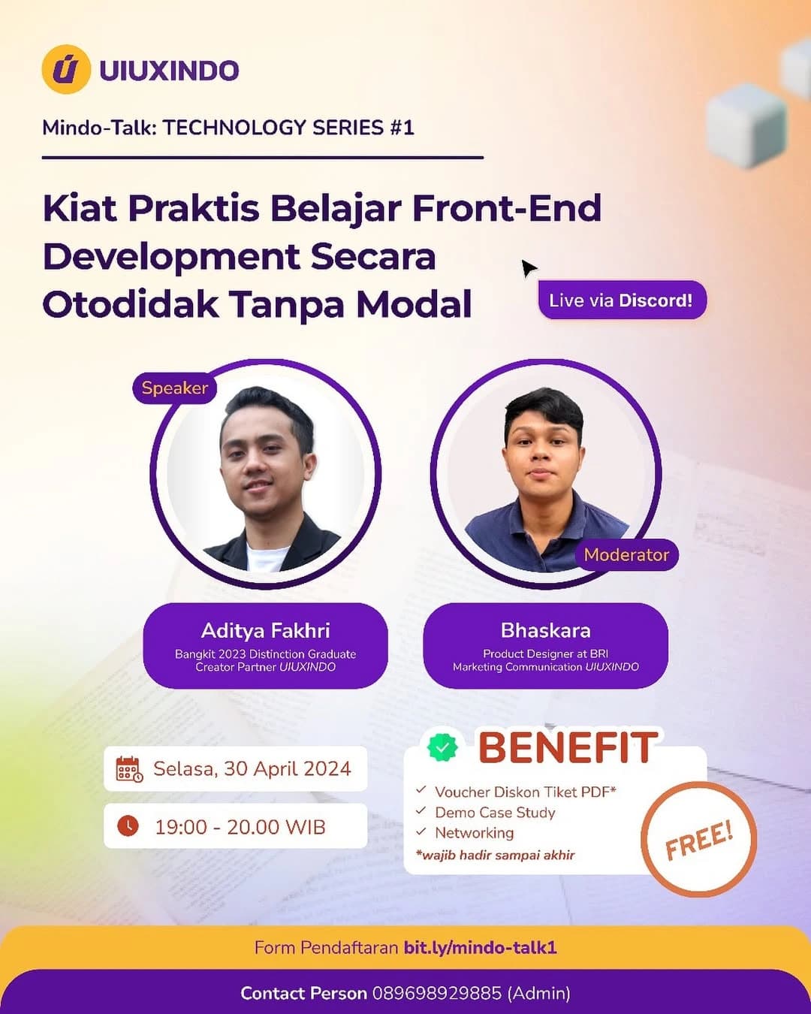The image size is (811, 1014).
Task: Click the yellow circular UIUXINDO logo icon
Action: tap(66, 70)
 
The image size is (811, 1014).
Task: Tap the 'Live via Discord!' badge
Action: tap(622, 300)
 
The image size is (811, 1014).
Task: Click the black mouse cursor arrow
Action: tap(529, 268)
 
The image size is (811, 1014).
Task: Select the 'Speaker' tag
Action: tap(174, 388)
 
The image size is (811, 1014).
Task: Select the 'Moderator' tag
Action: tap(626, 555)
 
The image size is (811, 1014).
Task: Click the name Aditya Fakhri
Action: tap(265, 630)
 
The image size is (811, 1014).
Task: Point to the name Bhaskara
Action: tap(545, 630)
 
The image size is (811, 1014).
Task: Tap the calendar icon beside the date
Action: tap(128, 769)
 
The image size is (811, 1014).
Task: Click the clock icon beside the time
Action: tap(128, 826)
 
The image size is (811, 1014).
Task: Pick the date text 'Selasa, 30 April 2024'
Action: tap(252, 769)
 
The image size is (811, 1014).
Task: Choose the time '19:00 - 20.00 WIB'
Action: tap(240, 827)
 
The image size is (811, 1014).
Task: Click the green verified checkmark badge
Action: tap(442, 747)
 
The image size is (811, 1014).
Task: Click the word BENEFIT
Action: tap(568, 748)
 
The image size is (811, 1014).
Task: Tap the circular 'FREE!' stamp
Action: tap(698, 839)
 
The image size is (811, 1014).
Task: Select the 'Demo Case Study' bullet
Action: tap(495, 813)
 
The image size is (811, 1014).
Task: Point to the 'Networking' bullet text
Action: tap(475, 833)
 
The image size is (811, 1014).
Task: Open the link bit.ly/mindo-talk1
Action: tap(480, 948)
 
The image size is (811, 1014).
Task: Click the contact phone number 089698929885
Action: tap(436, 994)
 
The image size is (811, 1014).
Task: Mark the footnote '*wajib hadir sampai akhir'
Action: tap(495, 855)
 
